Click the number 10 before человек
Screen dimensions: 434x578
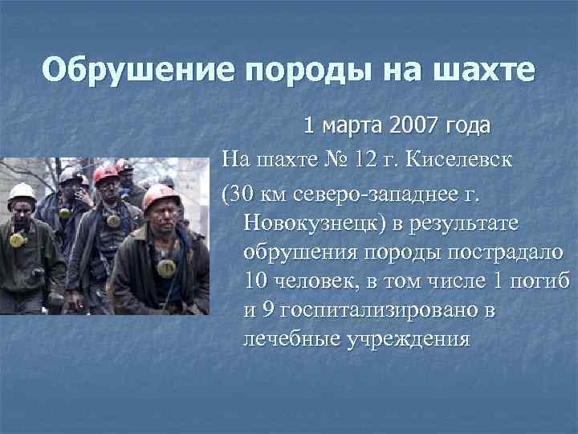pos(254,281)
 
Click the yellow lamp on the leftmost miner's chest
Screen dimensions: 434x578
pos(17,240)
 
